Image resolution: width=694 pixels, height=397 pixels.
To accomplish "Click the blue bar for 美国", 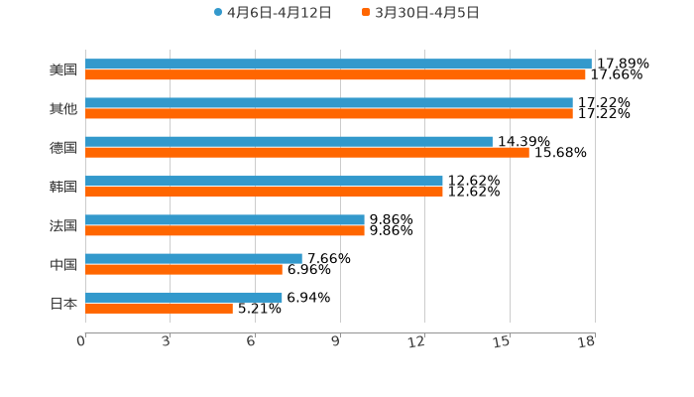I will coord(338,64).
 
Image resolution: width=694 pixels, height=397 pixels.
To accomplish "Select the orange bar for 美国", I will coord(335,75).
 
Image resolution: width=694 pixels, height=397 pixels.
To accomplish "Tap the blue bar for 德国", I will coord(289,142).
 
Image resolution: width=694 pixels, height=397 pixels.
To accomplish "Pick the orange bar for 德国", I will coord(307,153).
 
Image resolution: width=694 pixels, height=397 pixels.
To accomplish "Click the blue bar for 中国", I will coord(193,258).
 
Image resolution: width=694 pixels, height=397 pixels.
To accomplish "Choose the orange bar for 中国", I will coord(183,269).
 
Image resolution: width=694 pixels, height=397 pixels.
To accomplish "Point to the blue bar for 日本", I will coord(183,297).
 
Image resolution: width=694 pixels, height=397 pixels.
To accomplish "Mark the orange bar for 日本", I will coord(159,309).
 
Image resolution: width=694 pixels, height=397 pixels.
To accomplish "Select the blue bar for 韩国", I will coord(264,181).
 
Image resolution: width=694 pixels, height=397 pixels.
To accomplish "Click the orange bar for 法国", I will coord(225,231).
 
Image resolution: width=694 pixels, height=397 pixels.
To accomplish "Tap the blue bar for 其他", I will coord(329,103).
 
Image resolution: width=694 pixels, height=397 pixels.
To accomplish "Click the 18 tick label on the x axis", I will coord(587,342).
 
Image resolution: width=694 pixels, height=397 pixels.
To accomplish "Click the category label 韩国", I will coord(63,187).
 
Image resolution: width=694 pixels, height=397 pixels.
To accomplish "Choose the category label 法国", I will coord(63,225).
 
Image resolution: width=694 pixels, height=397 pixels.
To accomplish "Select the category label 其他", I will coord(63,109).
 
